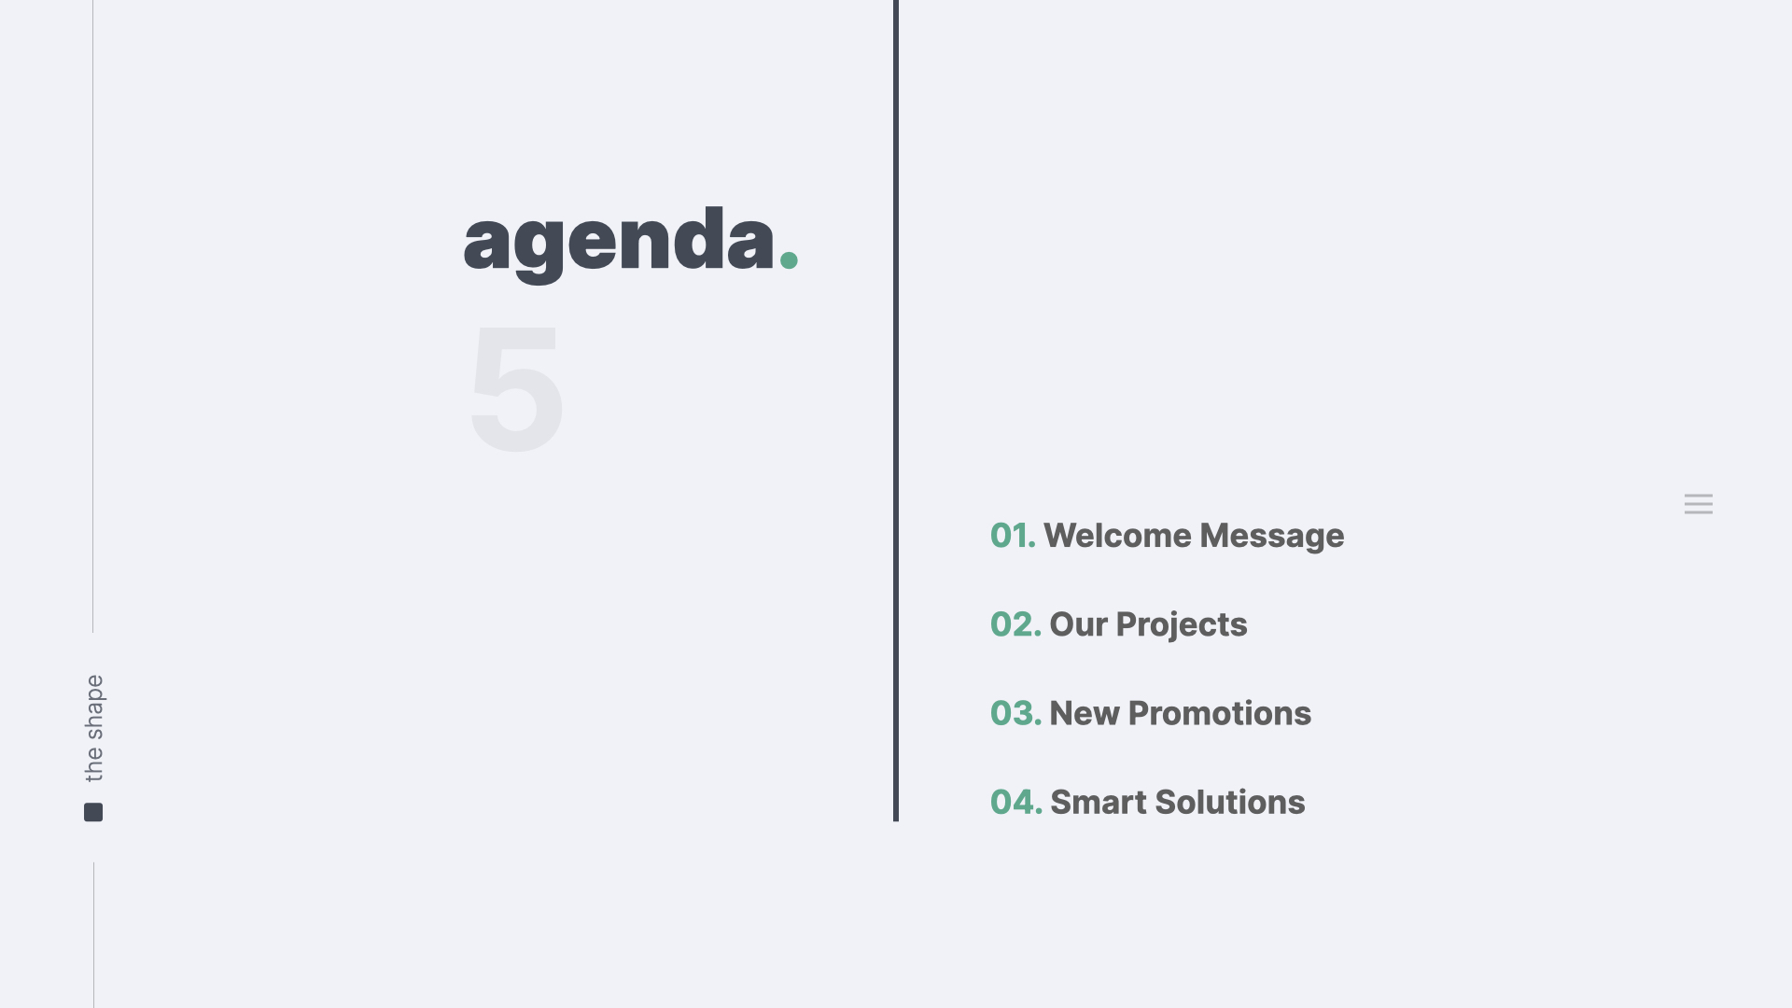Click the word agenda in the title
tap(619, 245)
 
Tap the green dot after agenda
tap(789, 259)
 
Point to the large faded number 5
tap(516, 388)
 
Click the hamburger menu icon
tap(1699, 504)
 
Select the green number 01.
tap(1013, 536)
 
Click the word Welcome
tap(1118, 536)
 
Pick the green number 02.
tap(1015, 624)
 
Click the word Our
tap(1078, 624)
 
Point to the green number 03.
tap(1015, 713)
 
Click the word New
tap(1085, 713)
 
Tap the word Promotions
tap(1220, 713)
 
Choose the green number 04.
tap(1016, 802)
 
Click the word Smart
tap(1099, 802)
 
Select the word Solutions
tap(1230, 802)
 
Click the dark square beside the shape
tap(93, 812)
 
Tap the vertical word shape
tap(95, 707)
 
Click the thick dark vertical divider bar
tap(896, 411)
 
